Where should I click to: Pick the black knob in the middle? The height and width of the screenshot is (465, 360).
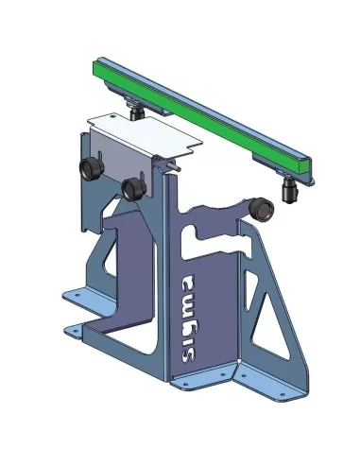(x=133, y=186)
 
